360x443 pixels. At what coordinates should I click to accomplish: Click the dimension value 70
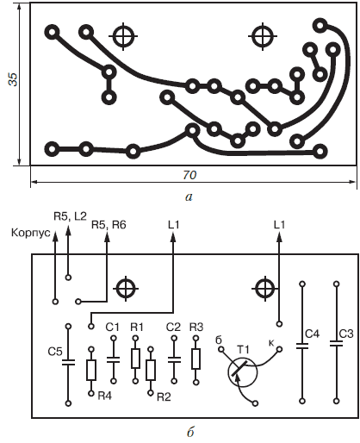[x=189, y=175]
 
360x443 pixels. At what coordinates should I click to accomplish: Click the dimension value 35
[x=13, y=79]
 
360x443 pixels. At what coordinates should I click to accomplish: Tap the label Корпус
[x=31, y=233]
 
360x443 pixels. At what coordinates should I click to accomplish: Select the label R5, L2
[x=70, y=216]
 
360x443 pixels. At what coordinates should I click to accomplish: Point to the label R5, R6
[x=109, y=225]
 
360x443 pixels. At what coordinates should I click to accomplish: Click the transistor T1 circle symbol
[x=243, y=372]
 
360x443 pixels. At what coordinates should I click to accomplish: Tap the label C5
[x=55, y=352]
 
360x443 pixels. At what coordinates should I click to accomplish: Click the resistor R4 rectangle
[x=91, y=371]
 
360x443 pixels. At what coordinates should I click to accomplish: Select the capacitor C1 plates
[x=114, y=359]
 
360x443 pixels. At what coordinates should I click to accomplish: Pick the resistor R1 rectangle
[x=135, y=359]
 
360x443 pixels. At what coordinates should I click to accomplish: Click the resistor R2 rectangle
[x=151, y=370]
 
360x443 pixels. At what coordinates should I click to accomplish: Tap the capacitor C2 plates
[x=174, y=359]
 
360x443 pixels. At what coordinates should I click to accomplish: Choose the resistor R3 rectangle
[x=196, y=359]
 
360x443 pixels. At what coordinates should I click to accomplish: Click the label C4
[x=312, y=334]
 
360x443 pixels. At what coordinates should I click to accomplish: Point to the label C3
[x=346, y=334]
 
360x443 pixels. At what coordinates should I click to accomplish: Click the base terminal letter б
[x=219, y=340]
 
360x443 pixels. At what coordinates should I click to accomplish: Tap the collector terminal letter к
[x=271, y=342]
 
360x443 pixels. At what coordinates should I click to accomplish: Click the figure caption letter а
[x=189, y=197]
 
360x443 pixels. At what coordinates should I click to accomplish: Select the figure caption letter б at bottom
[x=190, y=432]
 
